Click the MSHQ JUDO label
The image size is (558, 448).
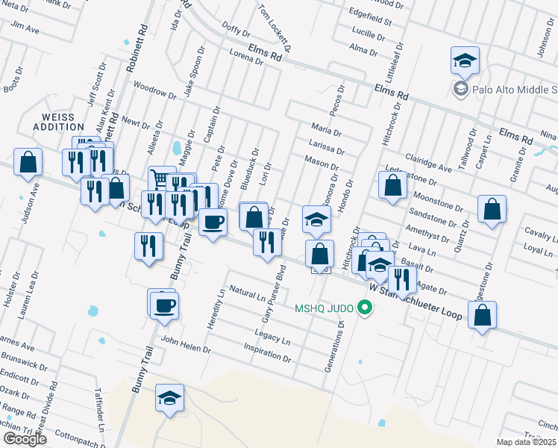point(324,308)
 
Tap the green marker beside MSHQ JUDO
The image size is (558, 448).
point(365,308)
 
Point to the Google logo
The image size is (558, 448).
point(25,438)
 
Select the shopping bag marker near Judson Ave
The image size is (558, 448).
point(28,162)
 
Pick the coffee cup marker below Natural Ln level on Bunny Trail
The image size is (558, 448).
point(164,305)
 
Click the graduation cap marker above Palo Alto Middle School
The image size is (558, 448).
point(465,60)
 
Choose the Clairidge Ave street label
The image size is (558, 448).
point(429,164)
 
